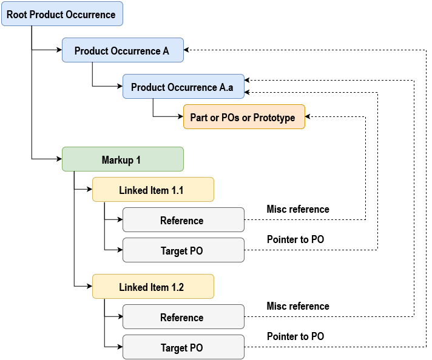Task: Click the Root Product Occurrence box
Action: [x=62, y=14]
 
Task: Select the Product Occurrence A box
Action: [x=123, y=50]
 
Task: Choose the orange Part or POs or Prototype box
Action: [x=244, y=117]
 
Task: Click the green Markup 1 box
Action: [x=123, y=159]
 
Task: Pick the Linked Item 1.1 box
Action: [x=153, y=190]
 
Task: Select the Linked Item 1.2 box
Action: [x=153, y=287]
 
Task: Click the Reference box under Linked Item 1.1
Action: [x=183, y=220]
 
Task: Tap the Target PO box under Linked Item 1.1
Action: [x=183, y=250]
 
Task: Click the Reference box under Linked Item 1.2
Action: [x=183, y=317]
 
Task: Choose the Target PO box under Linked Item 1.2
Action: [x=183, y=347]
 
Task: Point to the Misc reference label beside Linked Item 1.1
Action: [x=298, y=209]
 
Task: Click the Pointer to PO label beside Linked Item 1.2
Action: [x=295, y=336]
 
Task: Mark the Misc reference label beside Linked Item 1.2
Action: [x=298, y=306]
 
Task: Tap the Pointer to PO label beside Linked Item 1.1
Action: [x=295, y=239]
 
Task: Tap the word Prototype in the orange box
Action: [x=274, y=117]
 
